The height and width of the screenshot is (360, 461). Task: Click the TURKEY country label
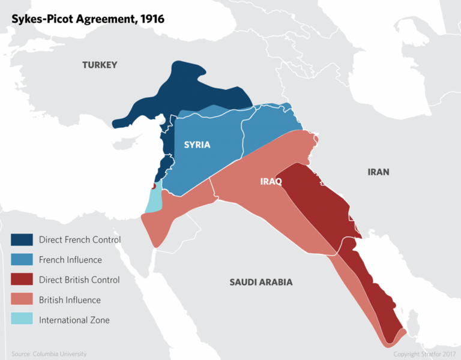[x=100, y=65]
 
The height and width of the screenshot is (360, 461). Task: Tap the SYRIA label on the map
[x=197, y=145]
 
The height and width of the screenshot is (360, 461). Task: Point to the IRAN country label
[x=378, y=172]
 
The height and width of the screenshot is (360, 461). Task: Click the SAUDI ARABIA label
[x=261, y=281]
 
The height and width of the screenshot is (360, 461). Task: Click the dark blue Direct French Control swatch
[x=22, y=240]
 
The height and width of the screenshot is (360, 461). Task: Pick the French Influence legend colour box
[x=22, y=260]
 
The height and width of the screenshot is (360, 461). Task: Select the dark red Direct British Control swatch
[x=22, y=280]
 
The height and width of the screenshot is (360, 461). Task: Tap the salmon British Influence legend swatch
[x=22, y=300]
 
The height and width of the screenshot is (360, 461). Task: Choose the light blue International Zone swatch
[x=22, y=320]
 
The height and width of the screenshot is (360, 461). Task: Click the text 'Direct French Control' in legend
[x=80, y=240]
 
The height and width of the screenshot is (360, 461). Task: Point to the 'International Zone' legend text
[x=74, y=320]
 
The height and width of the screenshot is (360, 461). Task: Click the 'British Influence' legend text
[x=70, y=300]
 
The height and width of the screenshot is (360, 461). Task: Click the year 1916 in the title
[x=151, y=19]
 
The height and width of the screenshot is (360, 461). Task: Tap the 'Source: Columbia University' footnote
[x=49, y=354]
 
